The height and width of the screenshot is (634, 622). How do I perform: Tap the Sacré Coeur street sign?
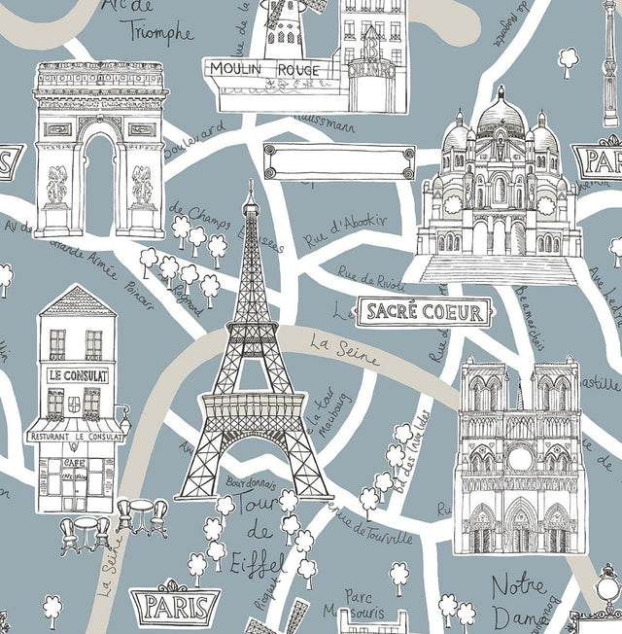pos(423,312)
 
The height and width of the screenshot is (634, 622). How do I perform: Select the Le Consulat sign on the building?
pos(78,374)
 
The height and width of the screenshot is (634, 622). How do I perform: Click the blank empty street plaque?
pos(338,161)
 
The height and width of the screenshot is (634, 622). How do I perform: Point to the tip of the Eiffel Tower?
pos(250,184)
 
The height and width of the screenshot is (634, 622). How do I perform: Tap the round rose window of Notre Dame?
pos(519,458)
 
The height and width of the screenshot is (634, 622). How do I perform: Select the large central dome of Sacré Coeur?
pos(501,117)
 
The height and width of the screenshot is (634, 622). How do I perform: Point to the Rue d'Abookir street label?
pos(345,229)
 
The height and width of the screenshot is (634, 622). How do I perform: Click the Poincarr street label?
pos(140,293)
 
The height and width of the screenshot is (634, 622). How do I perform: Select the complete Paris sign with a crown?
pos(175,604)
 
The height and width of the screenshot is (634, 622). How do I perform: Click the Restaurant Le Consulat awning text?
pos(76,437)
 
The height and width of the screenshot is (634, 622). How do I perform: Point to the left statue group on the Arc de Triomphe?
pos(58,185)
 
